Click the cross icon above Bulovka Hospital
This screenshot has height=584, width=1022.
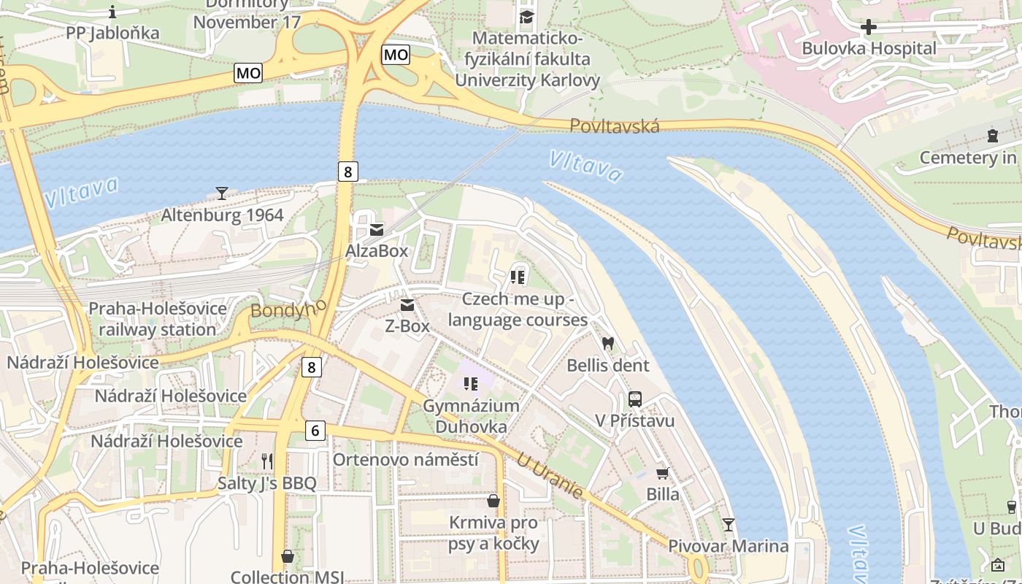[x=868, y=28]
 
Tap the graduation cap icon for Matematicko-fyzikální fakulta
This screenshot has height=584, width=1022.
[x=526, y=17]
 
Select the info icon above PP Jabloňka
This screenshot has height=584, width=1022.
[x=112, y=12]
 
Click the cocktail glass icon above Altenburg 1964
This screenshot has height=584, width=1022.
[x=222, y=193]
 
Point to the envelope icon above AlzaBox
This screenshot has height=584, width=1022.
[x=376, y=230]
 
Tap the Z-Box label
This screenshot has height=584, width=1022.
[x=407, y=326]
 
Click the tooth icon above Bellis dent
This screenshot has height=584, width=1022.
[x=607, y=343]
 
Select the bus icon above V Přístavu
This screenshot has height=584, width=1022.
[x=634, y=399]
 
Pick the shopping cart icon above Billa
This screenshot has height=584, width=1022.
[x=662, y=474]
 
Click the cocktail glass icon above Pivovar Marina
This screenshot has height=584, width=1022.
[x=728, y=525]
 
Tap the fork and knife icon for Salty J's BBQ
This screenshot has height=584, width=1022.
[x=267, y=461]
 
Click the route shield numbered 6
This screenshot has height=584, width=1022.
[x=315, y=431]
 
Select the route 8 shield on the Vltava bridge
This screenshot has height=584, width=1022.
[x=348, y=172]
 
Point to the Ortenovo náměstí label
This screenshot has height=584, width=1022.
[x=405, y=459]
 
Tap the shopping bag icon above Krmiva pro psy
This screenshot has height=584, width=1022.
[x=493, y=501]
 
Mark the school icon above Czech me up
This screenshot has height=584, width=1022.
[x=518, y=277]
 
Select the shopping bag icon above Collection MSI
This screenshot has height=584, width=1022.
[x=288, y=557]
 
